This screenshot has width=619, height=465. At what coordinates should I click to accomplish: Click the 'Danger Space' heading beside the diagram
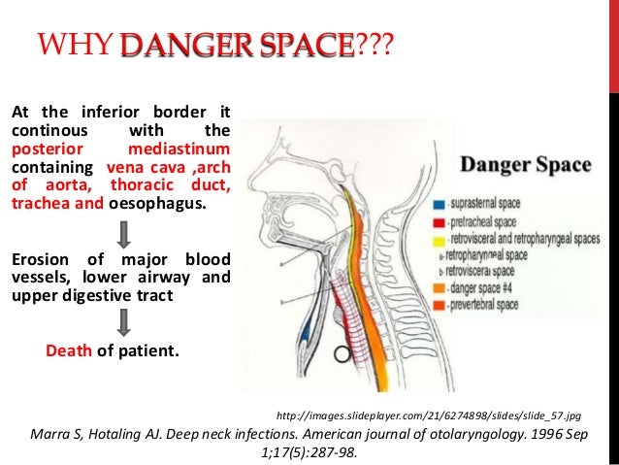(x=524, y=164)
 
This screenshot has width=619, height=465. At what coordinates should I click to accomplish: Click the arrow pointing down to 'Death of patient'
(x=123, y=321)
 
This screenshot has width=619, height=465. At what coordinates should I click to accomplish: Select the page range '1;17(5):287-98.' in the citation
(x=309, y=449)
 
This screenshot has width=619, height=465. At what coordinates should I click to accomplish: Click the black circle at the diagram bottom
(x=341, y=355)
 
